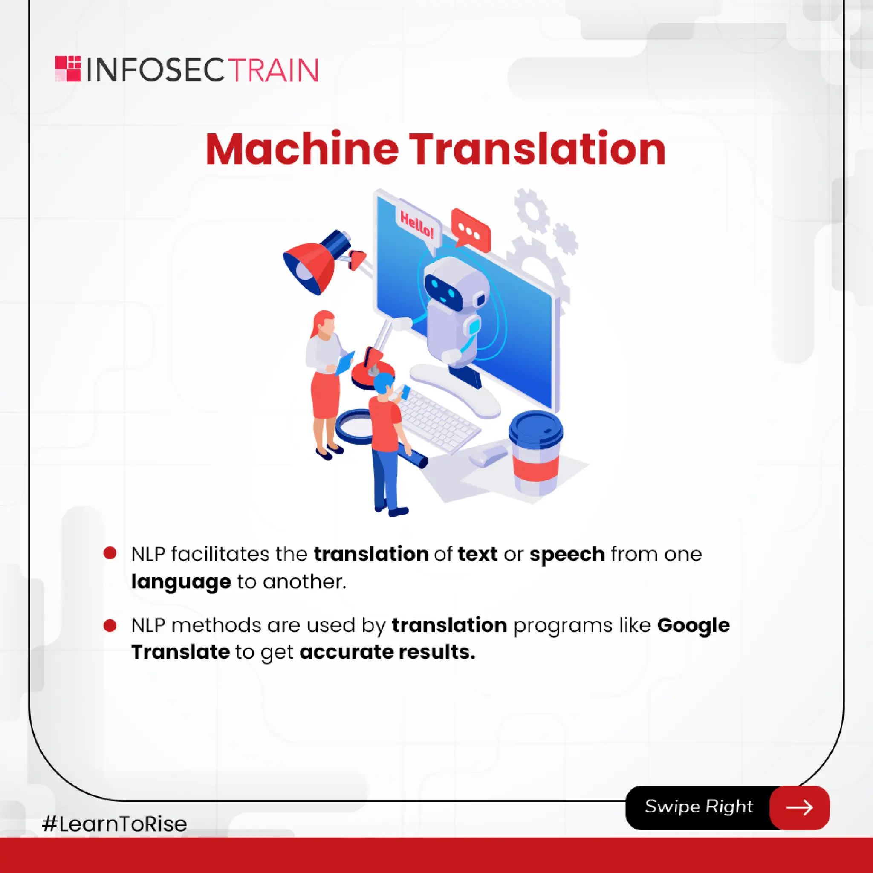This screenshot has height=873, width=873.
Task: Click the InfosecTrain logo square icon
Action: coord(68,69)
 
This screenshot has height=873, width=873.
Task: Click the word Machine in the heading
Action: coord(301,150)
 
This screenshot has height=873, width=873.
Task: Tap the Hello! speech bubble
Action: coord(416,225)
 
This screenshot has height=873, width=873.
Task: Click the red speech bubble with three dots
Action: coord(471,231)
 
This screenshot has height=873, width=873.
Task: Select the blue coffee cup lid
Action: coord(536,428)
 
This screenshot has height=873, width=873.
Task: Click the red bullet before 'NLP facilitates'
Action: coord(110,553)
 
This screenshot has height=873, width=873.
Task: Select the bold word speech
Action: coord(567,554)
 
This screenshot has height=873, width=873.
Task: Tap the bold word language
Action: coord(181,581)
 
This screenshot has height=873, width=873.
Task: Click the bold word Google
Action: coord(693,625)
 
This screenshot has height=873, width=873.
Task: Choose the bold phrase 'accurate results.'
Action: coord(387,652)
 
